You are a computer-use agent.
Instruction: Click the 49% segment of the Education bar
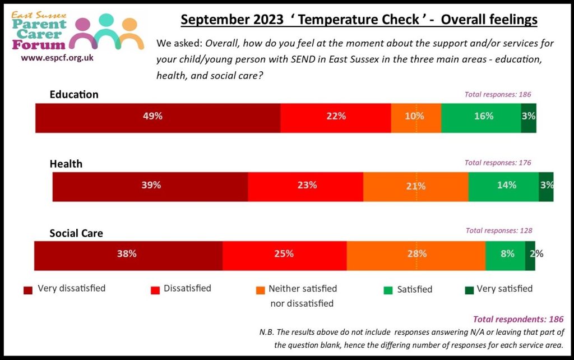pyautogui.click(x=158, y=117)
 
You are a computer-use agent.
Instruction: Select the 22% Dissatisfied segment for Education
pyautogui.click(x=335, y=117)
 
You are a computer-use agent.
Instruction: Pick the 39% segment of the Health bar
pyautogui.click(x=150, y=186)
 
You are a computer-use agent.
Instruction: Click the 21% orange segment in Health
pyautogui.click(x=415, y=186)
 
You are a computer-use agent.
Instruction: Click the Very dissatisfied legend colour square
pyautogui.click(x=27, y=290)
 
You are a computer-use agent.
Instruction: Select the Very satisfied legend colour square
pyautogui.click(x=469, y=290)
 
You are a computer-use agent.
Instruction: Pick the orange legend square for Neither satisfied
pyautogui.click(x=260, y=290)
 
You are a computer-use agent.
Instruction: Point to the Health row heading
pyautogui.click(x=66, y=164)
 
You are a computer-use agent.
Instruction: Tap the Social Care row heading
pyautogui.click(x=76, y=233)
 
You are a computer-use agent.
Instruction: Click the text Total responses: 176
pyautogui.click(x=497, y=163)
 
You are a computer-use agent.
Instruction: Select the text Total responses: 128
pyautogui.click(x=498, y=230)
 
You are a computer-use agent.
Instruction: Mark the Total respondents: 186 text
pyautogui.click(x=518, y=319)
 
